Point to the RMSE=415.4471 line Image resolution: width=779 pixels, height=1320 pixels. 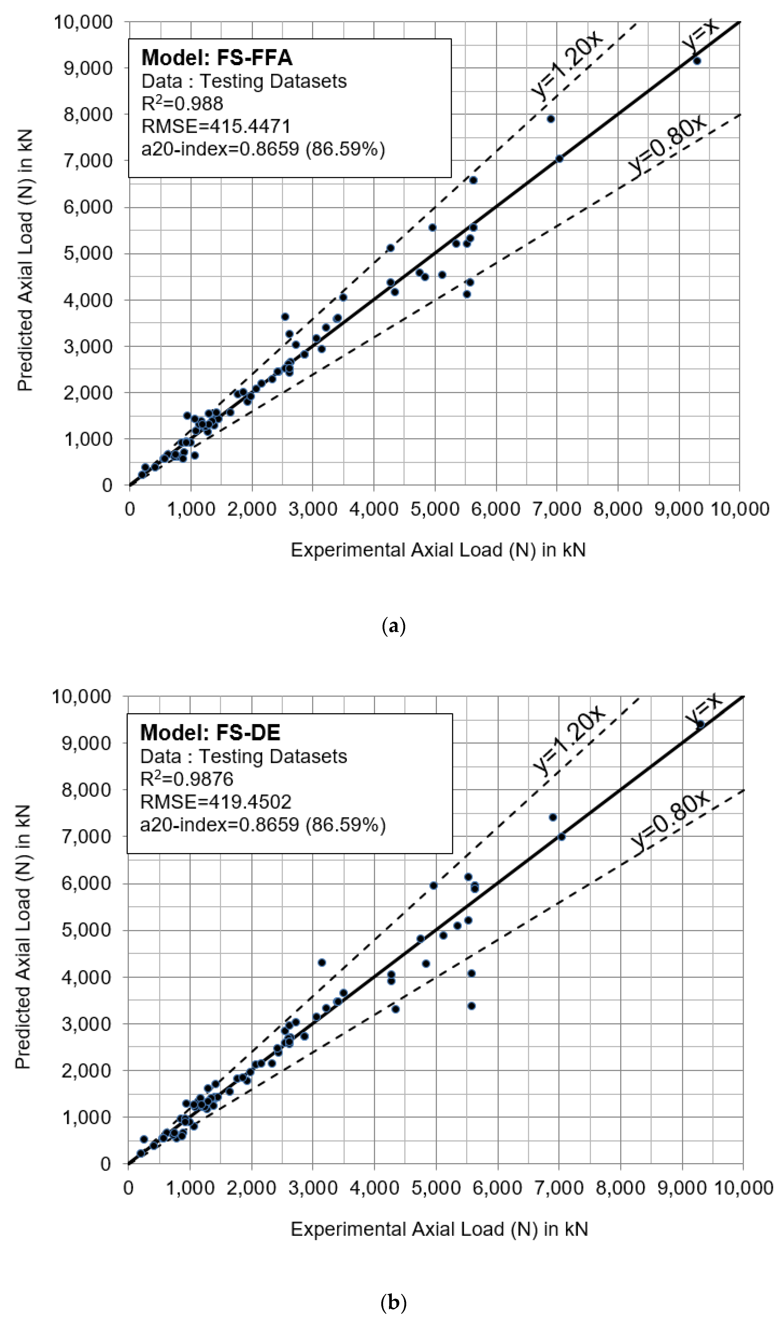coord(216,126)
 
